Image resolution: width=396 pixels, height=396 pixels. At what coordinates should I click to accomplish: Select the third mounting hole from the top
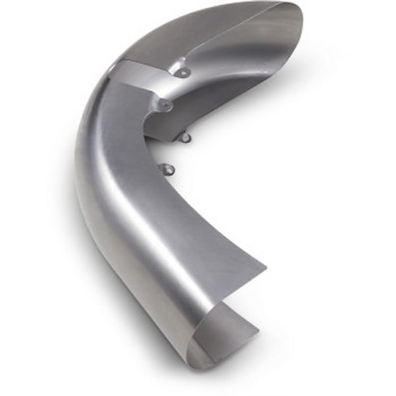pos(186,137)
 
